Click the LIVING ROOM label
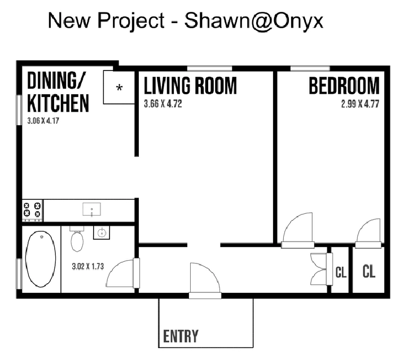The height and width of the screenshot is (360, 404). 190,86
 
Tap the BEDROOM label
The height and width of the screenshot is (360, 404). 344,86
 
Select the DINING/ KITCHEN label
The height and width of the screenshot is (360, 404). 58,92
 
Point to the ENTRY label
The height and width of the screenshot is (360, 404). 181,336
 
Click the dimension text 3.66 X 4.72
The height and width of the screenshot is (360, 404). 163,104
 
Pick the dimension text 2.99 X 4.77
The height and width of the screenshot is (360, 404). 360,104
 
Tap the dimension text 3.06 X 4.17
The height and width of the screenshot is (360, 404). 43,121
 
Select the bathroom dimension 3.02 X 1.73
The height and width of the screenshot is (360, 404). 88,266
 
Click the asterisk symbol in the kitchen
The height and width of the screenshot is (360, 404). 119,88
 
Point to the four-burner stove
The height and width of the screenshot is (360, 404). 33,210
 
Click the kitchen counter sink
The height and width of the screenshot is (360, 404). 92,209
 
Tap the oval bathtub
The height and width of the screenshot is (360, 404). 41,259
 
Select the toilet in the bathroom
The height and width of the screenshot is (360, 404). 77,239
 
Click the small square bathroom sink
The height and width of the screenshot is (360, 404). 102,232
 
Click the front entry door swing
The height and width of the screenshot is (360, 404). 205,280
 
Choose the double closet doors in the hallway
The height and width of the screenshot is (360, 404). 321,269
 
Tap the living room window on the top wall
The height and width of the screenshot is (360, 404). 209,68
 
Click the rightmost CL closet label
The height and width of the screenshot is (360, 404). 368,271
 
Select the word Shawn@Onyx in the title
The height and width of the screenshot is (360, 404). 254,21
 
